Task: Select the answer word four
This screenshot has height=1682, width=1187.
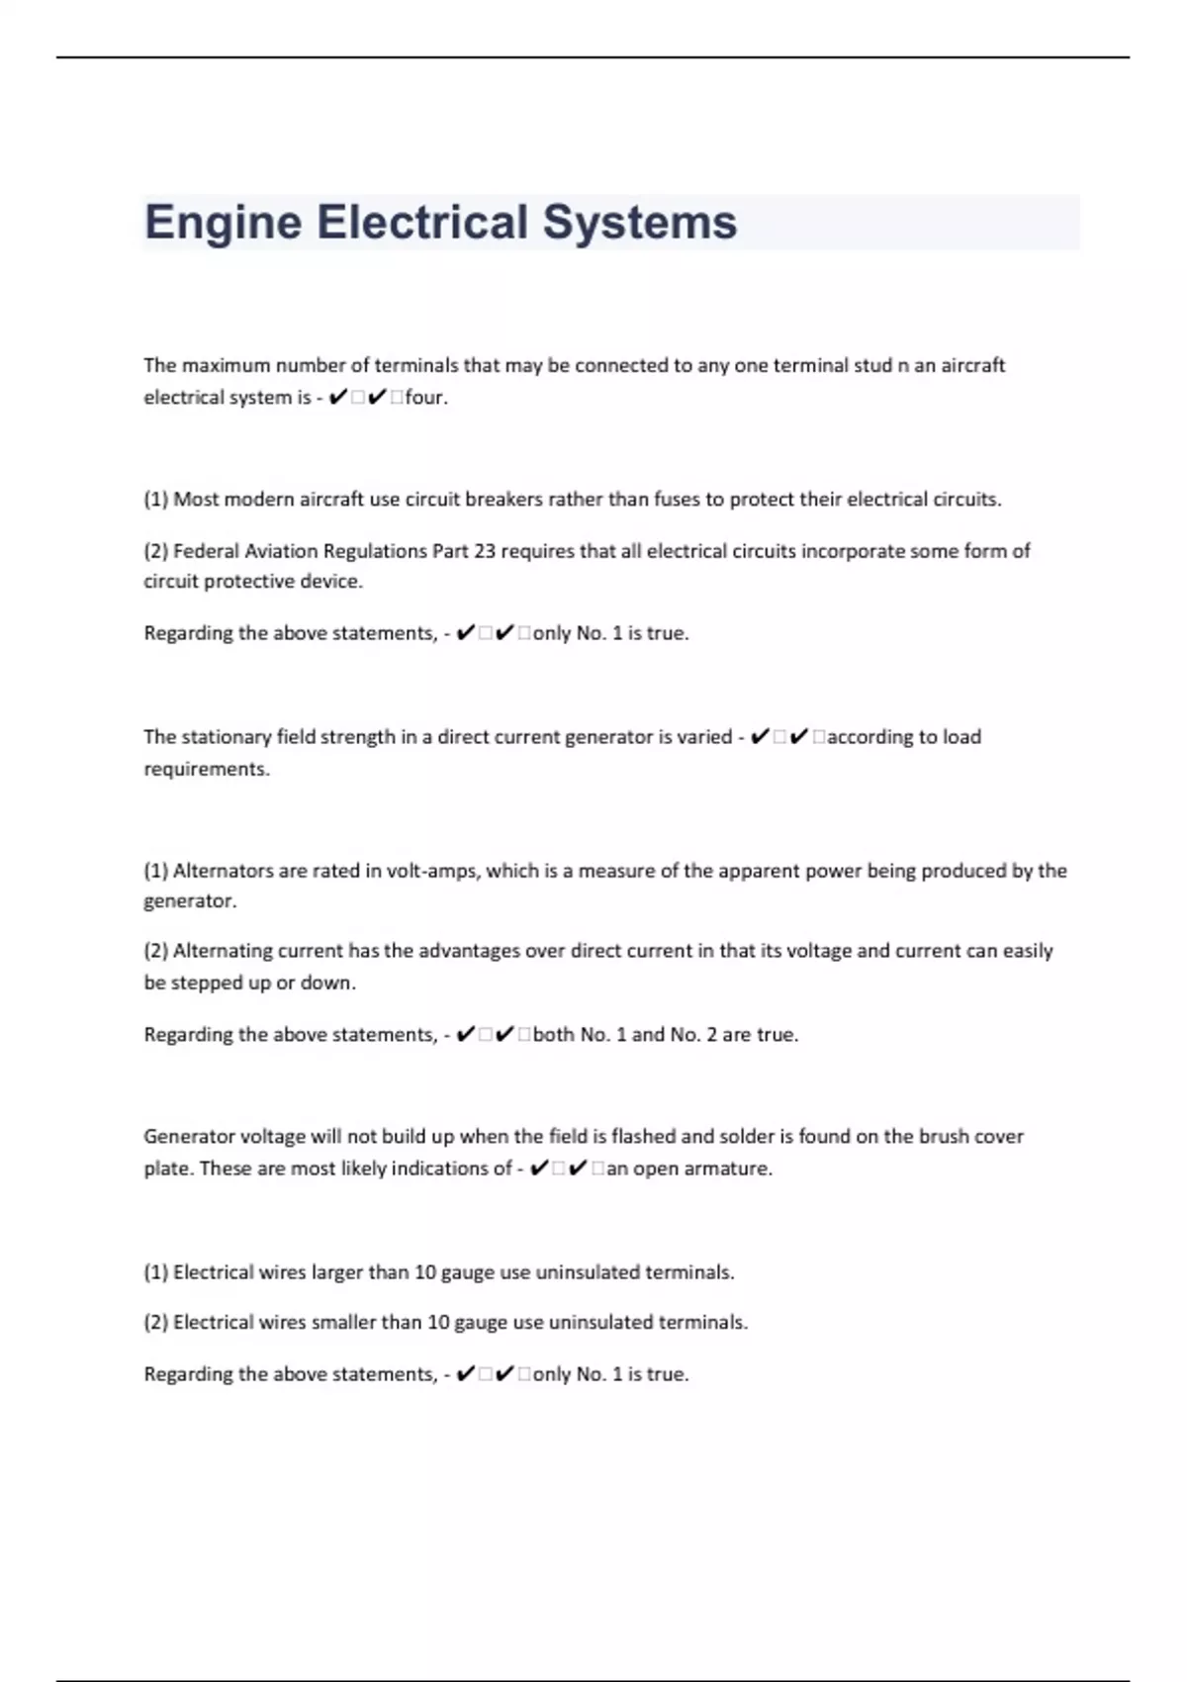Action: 425,398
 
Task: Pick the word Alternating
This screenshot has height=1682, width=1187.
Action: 223,951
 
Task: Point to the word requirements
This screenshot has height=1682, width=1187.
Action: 206,770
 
